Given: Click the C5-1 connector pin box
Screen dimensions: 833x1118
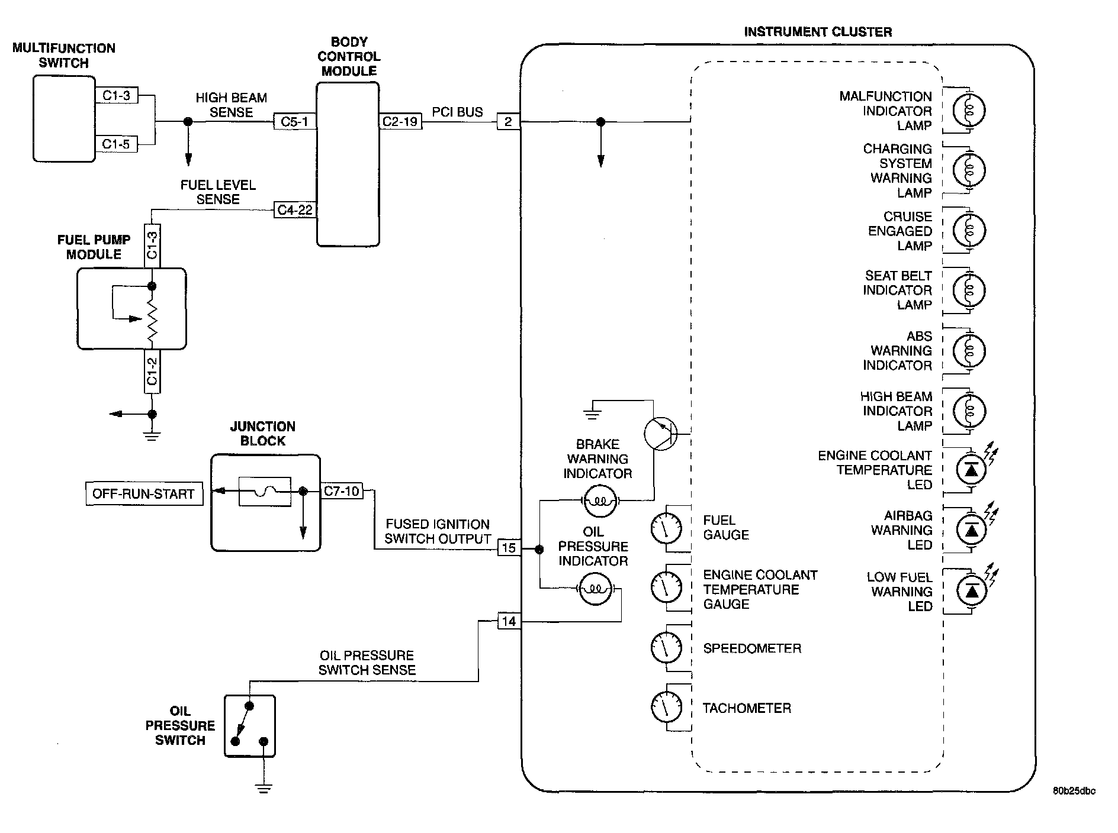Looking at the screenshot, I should (x=294, y=122).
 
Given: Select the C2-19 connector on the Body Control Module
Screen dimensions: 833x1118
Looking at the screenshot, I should (x=400, y=122).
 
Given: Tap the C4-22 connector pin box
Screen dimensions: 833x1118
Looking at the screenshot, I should (x=295, y=210).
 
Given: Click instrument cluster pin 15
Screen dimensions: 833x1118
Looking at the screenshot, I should (x=509, y=548).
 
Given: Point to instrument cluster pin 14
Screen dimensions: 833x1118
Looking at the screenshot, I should (x=509, y=621).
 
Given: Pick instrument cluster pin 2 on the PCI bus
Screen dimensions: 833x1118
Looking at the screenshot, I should (x=508, y=122).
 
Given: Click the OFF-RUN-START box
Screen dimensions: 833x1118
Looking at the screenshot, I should (x=143, y=494).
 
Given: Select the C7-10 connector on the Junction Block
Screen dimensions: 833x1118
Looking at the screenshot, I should (x=342, y=491).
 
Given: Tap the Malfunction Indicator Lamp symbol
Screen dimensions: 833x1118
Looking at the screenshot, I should (x=969, y=111).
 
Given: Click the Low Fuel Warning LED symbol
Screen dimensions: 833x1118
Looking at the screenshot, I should (x=972, y=590).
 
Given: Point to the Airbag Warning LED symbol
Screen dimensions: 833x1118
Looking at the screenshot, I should (x=972, y=529).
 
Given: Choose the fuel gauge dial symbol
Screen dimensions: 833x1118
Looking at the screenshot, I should (x=666, y=528).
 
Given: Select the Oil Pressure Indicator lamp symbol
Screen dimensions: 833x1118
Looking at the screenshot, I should (x=595, y=589).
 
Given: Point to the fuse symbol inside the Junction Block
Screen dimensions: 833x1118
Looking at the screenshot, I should (x=265, y=491).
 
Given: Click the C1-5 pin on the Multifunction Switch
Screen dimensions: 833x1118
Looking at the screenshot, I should (x=116, y=144).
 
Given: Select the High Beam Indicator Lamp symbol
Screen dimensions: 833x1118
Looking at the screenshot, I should (x=969, y=411).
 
